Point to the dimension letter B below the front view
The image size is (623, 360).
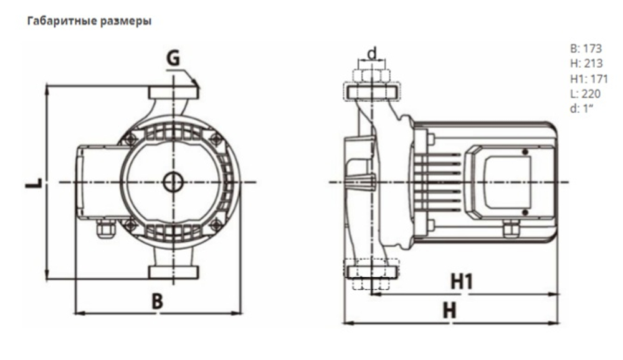(x=158, y=301)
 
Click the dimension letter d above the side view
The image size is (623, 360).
(x=372, y=54)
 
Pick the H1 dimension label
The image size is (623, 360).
(x=462, y=282)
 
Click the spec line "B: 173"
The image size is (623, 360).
(x=586, y=48)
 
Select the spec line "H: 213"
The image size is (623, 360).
(x=586, y=64)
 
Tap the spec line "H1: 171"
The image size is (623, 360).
(x=588, y=79)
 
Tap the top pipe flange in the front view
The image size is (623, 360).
(x=173, y=93)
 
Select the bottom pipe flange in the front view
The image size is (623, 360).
(x=173, y=272)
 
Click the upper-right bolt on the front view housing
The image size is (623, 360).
(x=216, y=139)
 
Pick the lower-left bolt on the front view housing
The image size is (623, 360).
(x=131, y=225)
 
